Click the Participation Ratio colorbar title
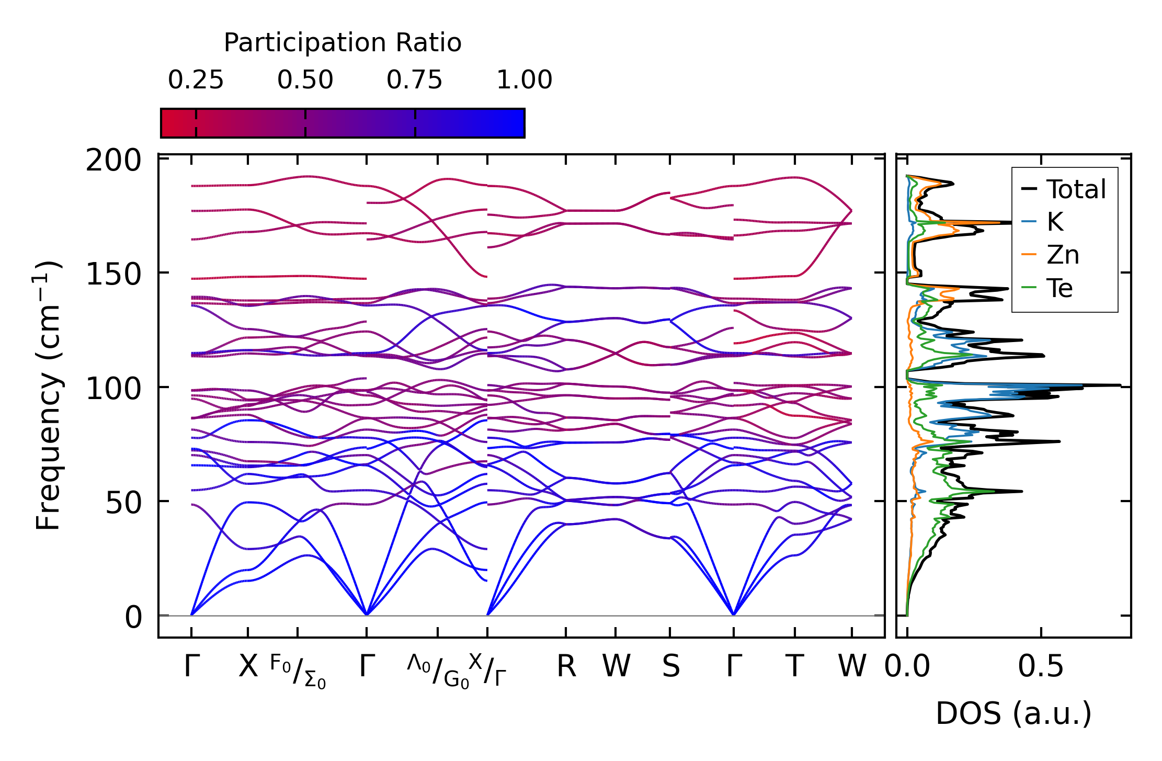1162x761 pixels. click(343, 43)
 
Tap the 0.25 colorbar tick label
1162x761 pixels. click(196, 81)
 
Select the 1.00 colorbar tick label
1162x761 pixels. click(524, 81)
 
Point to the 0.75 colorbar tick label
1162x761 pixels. click(414, 81)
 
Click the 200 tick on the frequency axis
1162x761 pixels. click(113, 161)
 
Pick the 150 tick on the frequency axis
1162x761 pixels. click(113, 274)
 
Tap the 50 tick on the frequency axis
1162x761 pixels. click(123, 503)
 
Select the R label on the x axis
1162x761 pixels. click(566, 667)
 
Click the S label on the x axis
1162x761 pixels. click(671, 667)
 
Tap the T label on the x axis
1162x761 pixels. click(794, 667)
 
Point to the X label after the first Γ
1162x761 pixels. click(248, 667)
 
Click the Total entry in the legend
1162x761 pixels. click(1076, 189)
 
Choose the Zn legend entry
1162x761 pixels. click(1063, 255)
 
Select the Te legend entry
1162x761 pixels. click(1060, 288)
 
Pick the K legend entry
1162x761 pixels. click(1055, 222)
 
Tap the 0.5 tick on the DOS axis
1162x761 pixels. click(1041, 667)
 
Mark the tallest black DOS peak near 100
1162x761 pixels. click(1119, 385)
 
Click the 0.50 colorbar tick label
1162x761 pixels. click(305, 81)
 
